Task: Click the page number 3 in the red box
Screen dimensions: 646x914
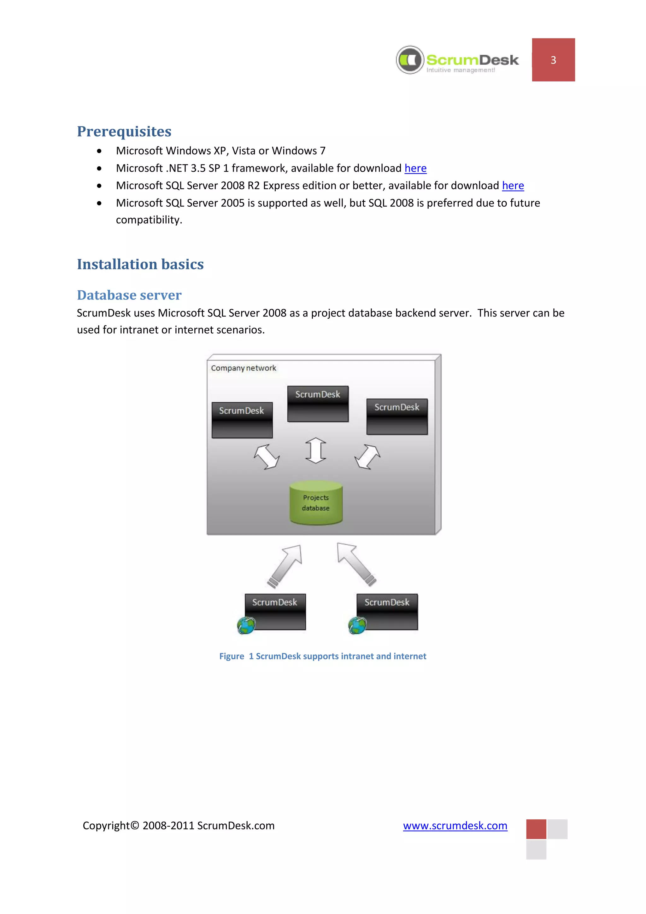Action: [x=553, y=60]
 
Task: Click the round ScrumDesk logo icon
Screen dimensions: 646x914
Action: [x=410, y=60]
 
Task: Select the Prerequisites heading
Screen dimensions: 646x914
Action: [x=124, y=131]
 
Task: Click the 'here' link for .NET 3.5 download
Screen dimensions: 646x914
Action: [x=415, y=169]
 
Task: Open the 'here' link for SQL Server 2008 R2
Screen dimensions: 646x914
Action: [x=513, y=186]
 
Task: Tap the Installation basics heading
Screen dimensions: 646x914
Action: [x=140, y=264]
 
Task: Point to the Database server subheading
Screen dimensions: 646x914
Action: [x=129, y=295]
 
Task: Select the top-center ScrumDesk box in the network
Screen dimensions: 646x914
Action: [x=318, y=403]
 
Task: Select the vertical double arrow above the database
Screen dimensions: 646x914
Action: [x=316, y=450]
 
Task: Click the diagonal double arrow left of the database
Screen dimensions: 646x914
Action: [x=267, y=457]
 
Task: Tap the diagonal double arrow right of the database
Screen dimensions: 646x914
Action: [x=367, y=457]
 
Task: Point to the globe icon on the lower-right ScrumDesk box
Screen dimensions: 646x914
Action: [x=357, y=626]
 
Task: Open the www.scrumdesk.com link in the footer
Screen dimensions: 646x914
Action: [x=455, y=826]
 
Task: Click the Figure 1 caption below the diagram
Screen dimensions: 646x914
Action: [x=323, y=656]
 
